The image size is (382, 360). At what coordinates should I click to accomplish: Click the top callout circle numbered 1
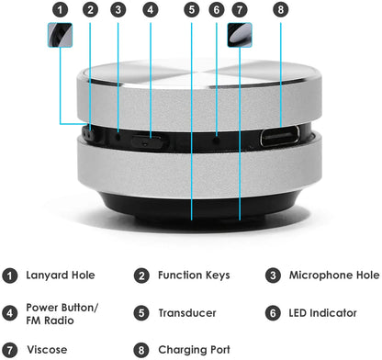click(60, 11)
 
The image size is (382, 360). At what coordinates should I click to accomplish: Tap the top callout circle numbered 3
click(118, 11)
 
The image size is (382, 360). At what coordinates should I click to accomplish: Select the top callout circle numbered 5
click(191, 11)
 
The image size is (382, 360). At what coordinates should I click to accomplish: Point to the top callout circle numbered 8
click(281, 11)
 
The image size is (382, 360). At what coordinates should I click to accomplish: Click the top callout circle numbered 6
click(216, 11)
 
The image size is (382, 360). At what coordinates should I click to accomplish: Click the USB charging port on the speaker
click(281, 139)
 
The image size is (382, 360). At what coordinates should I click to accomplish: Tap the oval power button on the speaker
click(147, 140)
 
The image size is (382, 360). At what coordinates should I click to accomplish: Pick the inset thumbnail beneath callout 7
click(240, 35)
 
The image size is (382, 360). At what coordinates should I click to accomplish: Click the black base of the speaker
click(191, 206)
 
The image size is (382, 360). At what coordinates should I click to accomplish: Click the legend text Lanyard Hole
click(61, 275)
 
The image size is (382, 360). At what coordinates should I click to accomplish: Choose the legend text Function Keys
click(193, 275)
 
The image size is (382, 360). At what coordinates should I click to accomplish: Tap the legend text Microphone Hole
click(333, 275)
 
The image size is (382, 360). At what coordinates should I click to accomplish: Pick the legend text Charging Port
click(195, 350)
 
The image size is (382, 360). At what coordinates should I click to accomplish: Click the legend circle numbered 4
click(11, 312)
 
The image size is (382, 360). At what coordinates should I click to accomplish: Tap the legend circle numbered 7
click(11, 350)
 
